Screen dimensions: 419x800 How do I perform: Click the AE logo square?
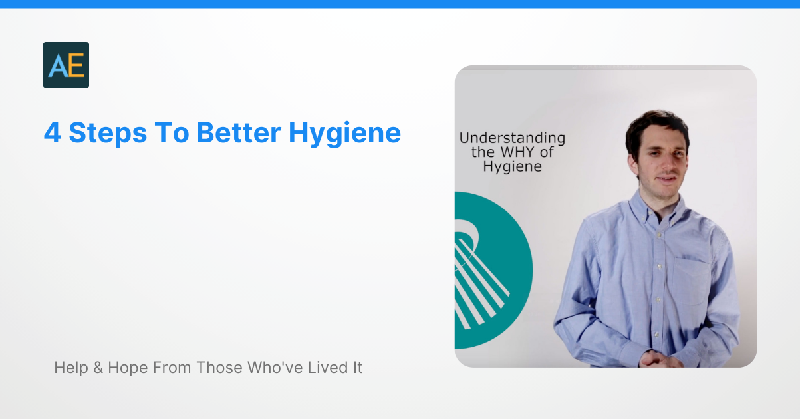coord(66,65)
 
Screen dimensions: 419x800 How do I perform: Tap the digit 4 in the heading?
coord(53,133)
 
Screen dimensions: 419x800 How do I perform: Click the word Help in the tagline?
coord(70,367)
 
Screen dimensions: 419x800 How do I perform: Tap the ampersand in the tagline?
coord(98,367)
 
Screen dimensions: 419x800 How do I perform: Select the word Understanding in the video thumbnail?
coord(512,138)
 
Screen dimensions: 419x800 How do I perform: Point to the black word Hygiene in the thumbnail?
coord(512,167)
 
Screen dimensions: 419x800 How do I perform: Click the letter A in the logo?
coord(57,66)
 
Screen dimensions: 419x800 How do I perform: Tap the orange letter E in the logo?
coord(75,66)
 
